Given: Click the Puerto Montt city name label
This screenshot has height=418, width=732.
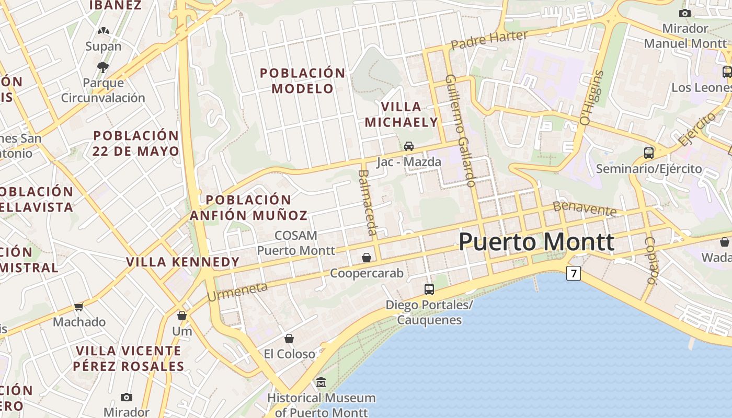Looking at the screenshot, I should (x=536, y=242).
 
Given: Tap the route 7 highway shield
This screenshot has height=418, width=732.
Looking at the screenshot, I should (x=574, y=273).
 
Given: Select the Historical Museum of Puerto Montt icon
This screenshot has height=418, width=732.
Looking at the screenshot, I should (x=321, y=383).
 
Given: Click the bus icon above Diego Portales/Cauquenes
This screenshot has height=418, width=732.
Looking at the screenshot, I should (x=429, y=289).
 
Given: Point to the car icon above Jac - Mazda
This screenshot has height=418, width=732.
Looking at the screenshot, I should (x=409, y=146).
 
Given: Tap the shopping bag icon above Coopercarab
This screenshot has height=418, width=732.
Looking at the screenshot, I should (x=367, y=258).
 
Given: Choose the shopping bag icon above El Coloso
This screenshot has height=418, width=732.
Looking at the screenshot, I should (x=289, y=339).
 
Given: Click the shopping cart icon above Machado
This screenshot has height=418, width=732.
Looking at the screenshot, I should (x=79, y=307).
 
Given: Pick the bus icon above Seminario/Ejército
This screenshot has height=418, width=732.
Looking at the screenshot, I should (x=649, y=153).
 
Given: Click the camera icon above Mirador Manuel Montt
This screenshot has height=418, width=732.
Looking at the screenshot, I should (x=685, y=13).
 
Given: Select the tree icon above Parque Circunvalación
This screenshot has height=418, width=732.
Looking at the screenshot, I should (x=103, y=67).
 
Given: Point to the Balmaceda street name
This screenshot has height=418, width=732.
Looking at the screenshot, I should (x=368, y=202).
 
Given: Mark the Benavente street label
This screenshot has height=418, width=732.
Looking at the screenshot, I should (x=585, y=208).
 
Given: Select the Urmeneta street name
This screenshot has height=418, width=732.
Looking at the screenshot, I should (x=237, y=292).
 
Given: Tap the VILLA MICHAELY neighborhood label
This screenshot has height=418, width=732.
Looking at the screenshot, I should (x=401, y=114).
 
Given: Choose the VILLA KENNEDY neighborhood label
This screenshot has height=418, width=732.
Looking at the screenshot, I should (x=183, y=262).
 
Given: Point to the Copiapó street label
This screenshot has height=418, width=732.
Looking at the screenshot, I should (x=650, y=260).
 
